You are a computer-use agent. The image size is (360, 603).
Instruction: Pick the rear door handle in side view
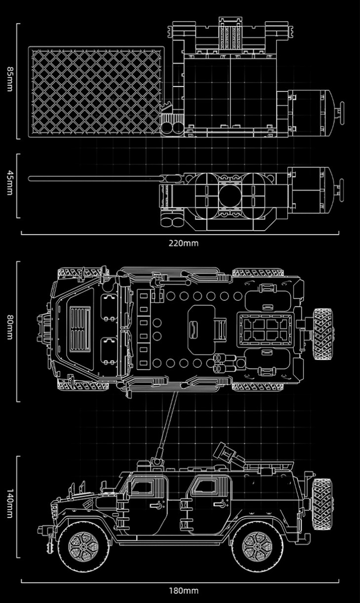click(219, 505)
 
